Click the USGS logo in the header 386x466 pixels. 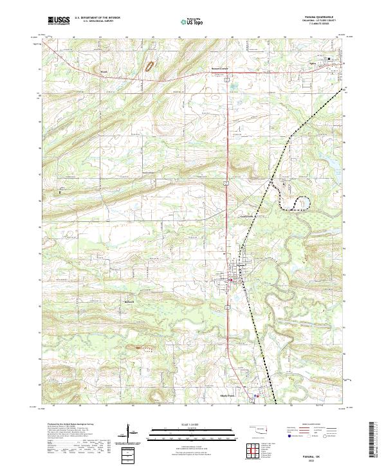[x=59, y=21]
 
